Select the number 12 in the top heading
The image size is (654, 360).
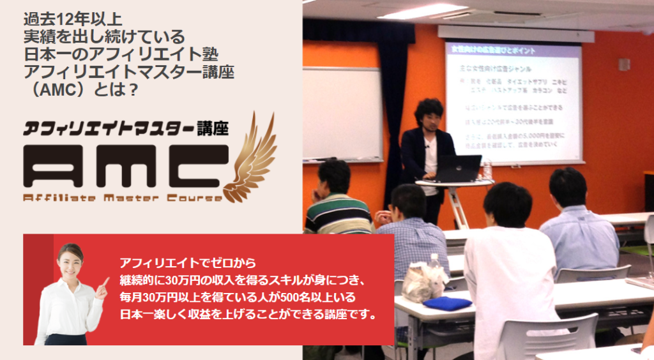(x=72, y=17)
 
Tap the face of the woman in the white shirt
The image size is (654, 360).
(x=70, y=262)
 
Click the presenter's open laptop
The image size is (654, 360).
(x=457, y=168)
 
